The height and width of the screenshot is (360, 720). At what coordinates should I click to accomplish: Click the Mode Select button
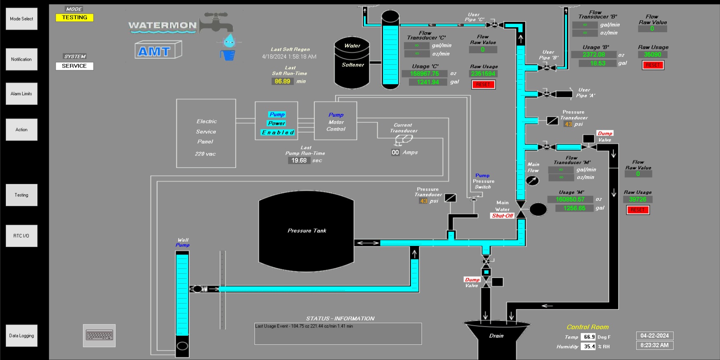pyautogui.click(x=21, y=19)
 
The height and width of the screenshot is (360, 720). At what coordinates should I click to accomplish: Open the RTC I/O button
pyautogui.click(x=21, y=236)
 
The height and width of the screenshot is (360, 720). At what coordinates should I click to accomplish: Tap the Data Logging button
pyautogui.click(x=21, y=336)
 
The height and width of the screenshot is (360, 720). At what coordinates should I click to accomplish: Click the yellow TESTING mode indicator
pyautogui.click(x=75, y=18)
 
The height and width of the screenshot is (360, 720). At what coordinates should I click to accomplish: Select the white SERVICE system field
pyautogui.click(x=75, y=66)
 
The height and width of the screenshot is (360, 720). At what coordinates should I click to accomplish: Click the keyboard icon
pyautogui.click(x=99, y=335)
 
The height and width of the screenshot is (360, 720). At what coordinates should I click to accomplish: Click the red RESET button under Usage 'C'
pyautogui.click(x=483, y=85)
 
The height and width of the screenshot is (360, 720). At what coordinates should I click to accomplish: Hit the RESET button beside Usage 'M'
pyautogui.click(x=637, y=210)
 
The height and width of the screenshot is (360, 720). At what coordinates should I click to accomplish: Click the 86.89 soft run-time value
pyautogui.click(x=283, y=82)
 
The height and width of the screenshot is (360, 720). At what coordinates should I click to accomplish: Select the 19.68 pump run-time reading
pyautogui.click(x=299, y=160)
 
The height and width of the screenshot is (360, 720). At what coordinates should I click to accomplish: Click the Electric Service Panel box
pyautogui.click(x=206, y=133)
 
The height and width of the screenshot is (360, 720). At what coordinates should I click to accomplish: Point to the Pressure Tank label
pyautogui.click(x=307, y=231)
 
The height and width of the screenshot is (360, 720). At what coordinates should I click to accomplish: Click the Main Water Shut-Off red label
pyautogui.click(x=503, y=216)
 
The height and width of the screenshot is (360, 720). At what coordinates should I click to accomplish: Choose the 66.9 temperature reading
pyautogui.click(x=589, y=337)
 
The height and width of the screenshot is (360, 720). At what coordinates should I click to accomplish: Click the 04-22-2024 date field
pyautogui.click(x=654, y=336)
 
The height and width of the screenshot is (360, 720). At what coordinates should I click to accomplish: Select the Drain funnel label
pyautogui.click(x=496, y=336)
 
